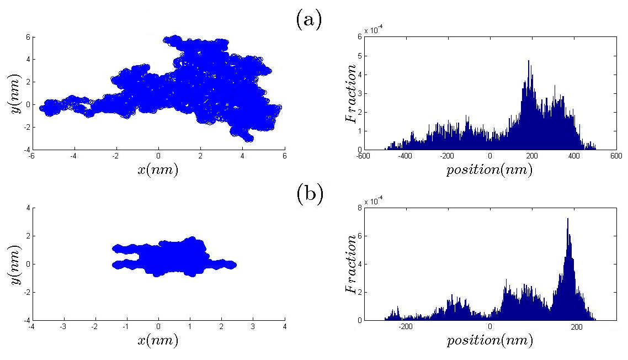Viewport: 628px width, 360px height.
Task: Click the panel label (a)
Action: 308,20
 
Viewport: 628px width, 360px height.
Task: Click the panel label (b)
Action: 309,194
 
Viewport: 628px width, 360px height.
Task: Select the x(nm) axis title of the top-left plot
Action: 158,170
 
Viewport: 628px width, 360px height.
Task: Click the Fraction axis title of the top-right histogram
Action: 350,93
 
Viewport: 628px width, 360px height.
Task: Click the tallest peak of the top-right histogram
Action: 529,61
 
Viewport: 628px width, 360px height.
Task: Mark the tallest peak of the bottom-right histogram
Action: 567,219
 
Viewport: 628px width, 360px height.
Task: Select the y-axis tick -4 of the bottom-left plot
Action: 27,320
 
